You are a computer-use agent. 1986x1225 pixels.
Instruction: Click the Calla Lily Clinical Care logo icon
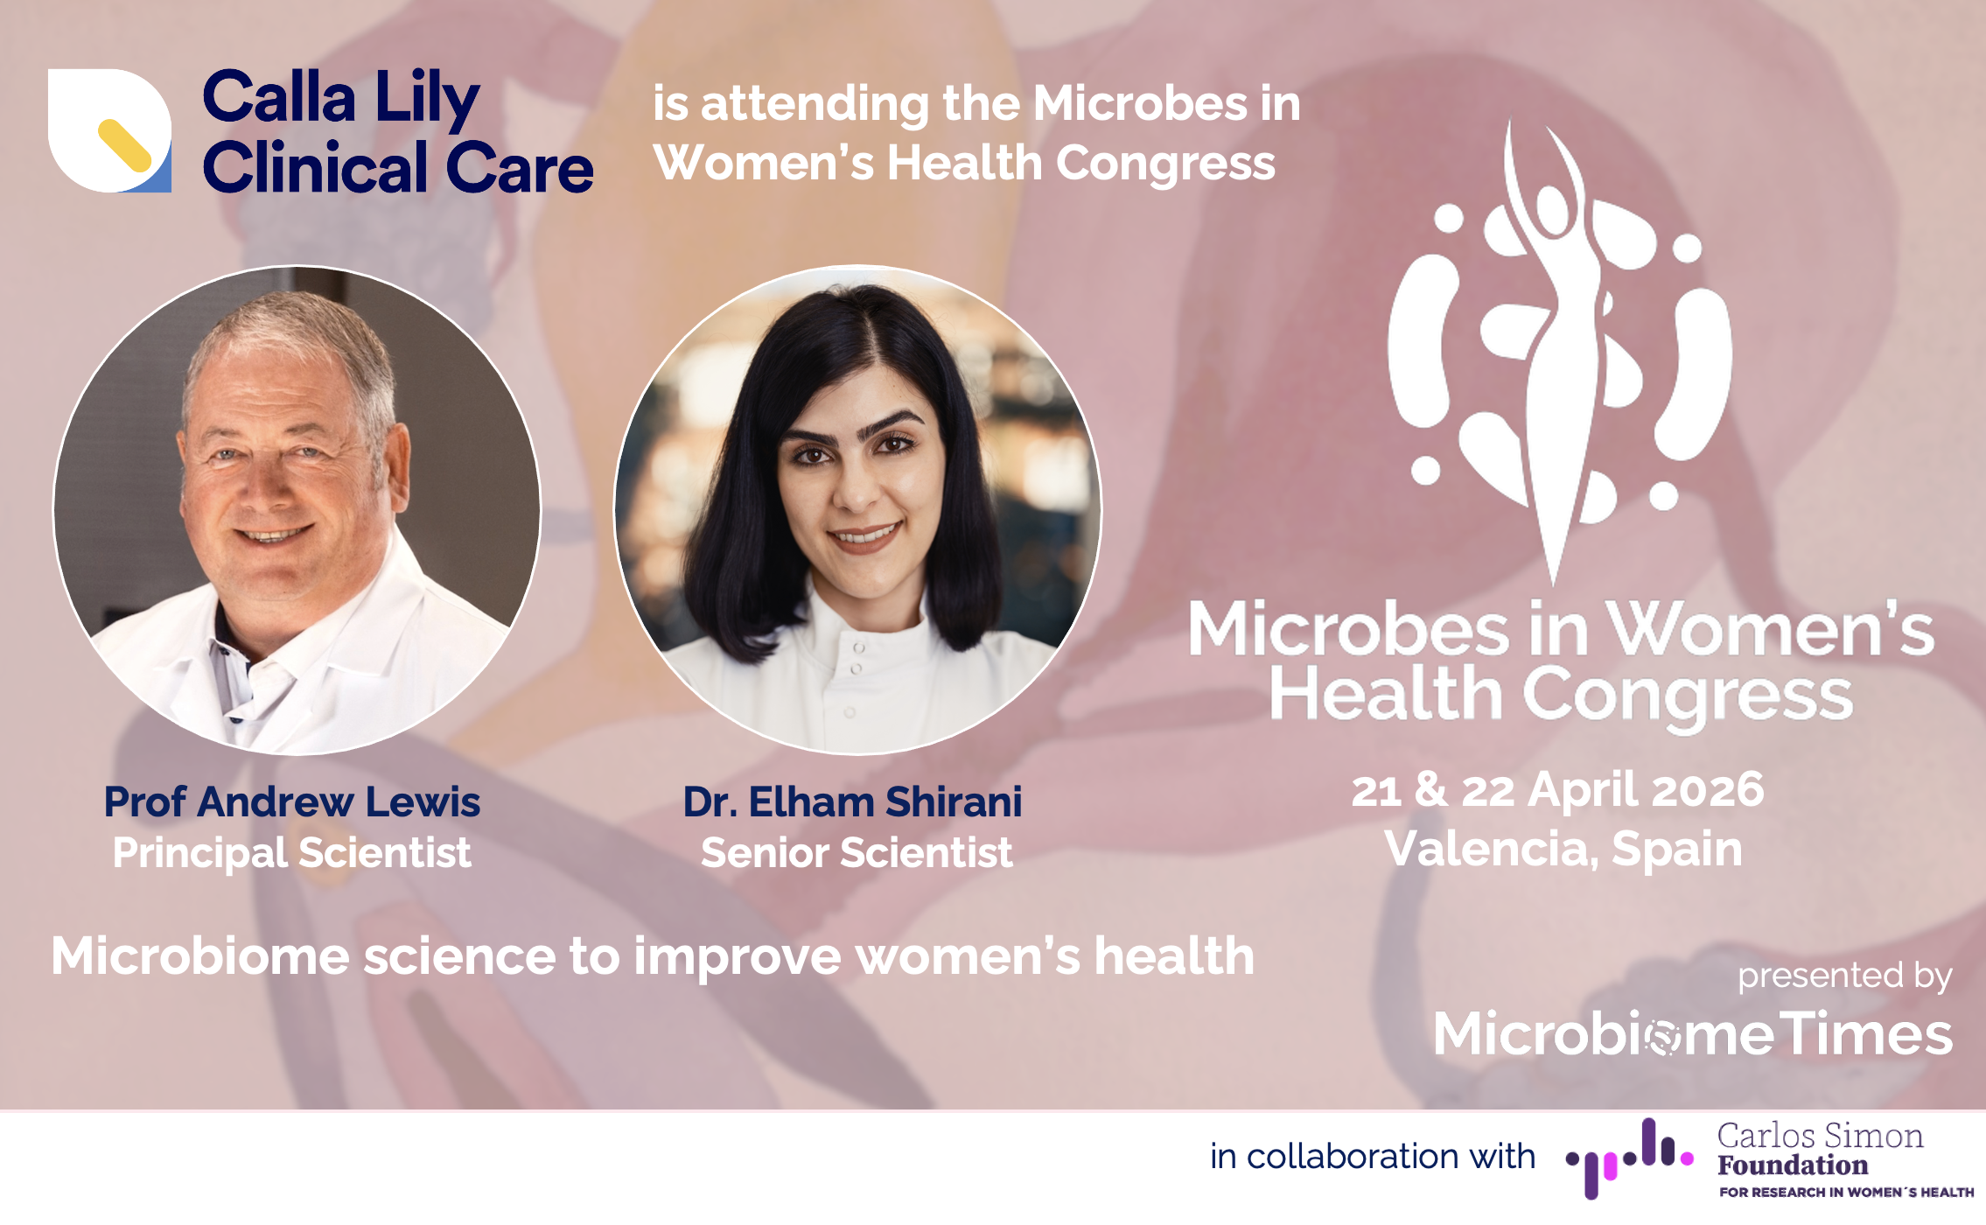point(109,130)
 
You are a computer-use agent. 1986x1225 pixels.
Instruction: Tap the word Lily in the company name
point(427,98)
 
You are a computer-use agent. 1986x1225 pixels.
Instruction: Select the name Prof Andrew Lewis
point(292,801)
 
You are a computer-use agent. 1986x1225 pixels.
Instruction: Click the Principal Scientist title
point(292,853)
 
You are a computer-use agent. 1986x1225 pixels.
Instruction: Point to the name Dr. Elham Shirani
point(852,801)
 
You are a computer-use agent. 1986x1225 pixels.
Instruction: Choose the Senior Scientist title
point(857,853)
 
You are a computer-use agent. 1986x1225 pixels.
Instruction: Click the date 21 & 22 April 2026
point(1557,790)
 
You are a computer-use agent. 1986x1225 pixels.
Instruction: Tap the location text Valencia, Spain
point(1563,849)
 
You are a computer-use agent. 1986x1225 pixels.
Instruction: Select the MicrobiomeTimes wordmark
point(1693,1033)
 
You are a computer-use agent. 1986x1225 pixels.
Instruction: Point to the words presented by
point(1844,976)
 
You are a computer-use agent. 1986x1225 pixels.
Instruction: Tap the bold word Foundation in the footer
point(1793,1165)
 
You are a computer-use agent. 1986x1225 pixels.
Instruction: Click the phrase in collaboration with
point(1373,1157)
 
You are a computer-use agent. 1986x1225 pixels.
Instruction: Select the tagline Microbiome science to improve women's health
point(653,955)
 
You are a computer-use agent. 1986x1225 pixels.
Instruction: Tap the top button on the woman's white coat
point(859,648)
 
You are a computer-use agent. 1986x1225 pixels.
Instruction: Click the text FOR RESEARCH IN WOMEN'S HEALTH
point(1847,1192)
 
